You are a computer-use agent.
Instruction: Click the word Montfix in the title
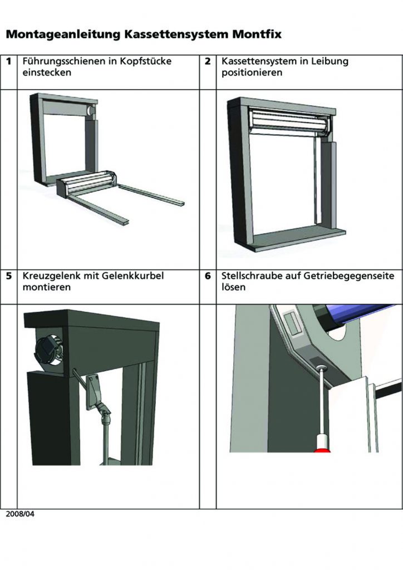[257, 34]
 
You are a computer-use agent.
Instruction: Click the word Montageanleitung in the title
[63, 35]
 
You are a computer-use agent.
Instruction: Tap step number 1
[9, 61]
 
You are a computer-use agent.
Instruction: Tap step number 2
[208, 61]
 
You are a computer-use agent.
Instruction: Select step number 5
[9, 276]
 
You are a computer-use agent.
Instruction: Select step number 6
[208, 276]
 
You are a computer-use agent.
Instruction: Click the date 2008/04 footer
[20, 514]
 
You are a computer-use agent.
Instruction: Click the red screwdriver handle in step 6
[322, 445]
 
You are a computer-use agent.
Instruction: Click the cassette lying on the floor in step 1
[87, 184]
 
